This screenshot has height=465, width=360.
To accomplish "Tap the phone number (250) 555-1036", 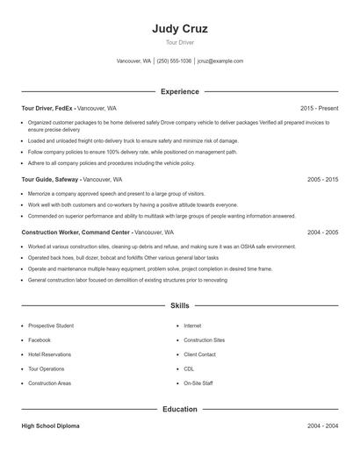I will (174, 61).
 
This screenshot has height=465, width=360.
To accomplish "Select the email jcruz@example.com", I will (220, 61).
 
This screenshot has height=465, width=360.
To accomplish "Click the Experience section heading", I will (179, 91).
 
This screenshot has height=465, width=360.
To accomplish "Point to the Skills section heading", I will (179, 305).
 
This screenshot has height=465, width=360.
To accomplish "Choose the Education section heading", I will (179, 409).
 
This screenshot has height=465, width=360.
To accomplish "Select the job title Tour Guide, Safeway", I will (49, 179).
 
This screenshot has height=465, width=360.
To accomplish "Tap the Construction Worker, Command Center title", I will (76, 232).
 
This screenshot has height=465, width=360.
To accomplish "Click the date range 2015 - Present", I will (319, 108).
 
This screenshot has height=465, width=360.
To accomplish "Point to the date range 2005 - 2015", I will (322, 179).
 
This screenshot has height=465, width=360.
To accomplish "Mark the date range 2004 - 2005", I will (322, 232).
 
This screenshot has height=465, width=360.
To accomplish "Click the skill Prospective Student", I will (51, 325).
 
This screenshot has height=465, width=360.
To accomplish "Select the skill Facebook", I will (40, 340).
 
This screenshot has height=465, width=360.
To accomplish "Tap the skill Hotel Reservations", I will (50, 354).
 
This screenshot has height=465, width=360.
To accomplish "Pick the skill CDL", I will (189, 369).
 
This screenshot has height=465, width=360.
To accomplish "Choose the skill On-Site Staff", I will (198, 383).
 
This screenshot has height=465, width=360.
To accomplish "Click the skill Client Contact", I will (199, 354).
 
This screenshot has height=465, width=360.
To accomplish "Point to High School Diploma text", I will (50, 426).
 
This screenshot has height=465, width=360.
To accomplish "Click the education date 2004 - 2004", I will (322, 426).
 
